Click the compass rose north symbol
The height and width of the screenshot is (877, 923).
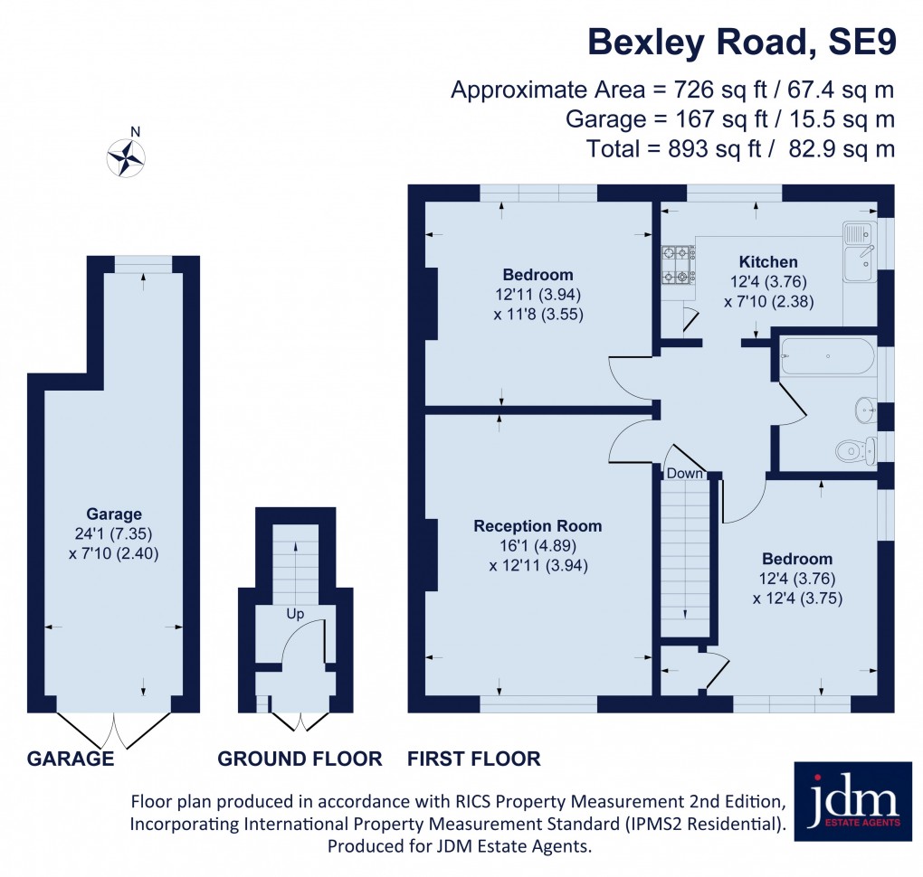click(x=127, y=156)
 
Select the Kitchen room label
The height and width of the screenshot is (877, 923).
click(x=767, y=262)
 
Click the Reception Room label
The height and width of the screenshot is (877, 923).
click(x=538, y=526)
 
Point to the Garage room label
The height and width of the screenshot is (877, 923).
click(x=114, y=514)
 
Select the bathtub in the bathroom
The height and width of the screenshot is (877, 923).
click(x=827, y=357)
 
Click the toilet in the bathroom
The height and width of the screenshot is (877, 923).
click(x=854, y=449)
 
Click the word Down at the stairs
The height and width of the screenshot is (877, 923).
click(x=685, y=474)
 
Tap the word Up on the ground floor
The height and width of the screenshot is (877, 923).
click(x=295, y=614)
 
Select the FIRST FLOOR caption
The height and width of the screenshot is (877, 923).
click(x=474, y=759)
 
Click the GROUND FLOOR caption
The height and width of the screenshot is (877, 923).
click(x=300, y=759)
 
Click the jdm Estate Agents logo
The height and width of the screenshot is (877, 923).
click(x=852, y=801)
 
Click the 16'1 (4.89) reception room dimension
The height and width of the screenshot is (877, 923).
click(x=538, y=546)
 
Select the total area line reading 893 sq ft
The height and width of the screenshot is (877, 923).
click(x=740, y=148)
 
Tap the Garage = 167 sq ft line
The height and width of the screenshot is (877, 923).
click(x=729, y=118)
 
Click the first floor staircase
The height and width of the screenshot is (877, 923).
click(x=685, y=556)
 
